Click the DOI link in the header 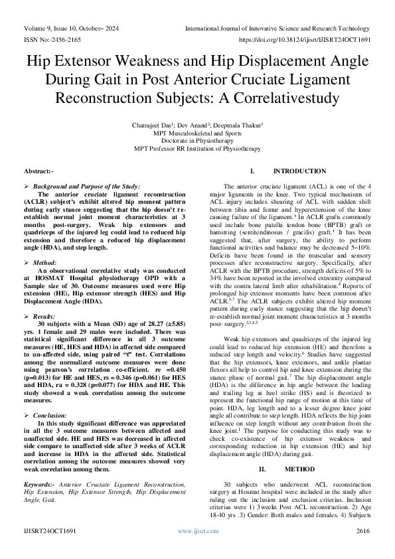(304, 40)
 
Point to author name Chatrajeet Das (149, 124)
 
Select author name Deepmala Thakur (226, 124)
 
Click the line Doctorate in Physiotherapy (197, 140)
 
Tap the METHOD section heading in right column (290, 469)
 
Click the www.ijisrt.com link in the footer (197, 531)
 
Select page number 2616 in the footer (362, 531)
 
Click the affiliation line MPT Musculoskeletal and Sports (197, 132)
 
